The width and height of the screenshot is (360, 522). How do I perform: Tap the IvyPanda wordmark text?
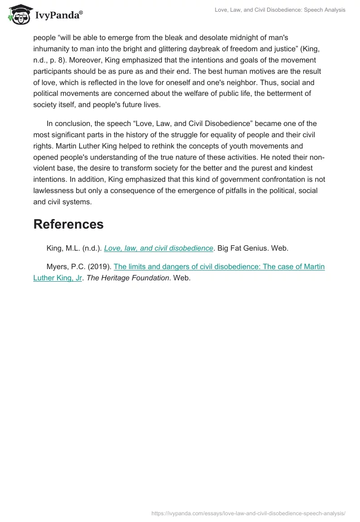58,15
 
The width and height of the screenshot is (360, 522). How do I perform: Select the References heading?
68,224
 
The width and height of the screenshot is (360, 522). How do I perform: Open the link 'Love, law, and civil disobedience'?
158,248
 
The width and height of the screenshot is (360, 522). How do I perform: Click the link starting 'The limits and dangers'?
219,266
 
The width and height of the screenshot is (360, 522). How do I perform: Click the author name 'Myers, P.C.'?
65,266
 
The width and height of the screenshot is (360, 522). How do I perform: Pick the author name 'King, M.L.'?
63,248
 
